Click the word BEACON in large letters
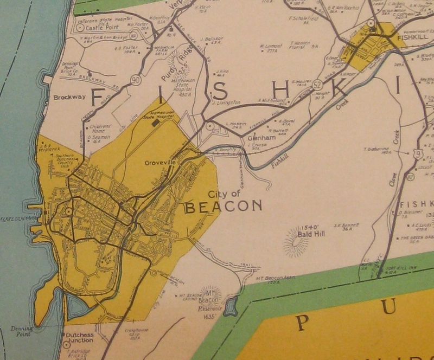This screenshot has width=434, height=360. (x=223, y=207)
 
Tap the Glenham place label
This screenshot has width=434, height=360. (x=259, y=138)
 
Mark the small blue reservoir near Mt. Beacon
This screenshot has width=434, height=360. (x=231, y=306)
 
